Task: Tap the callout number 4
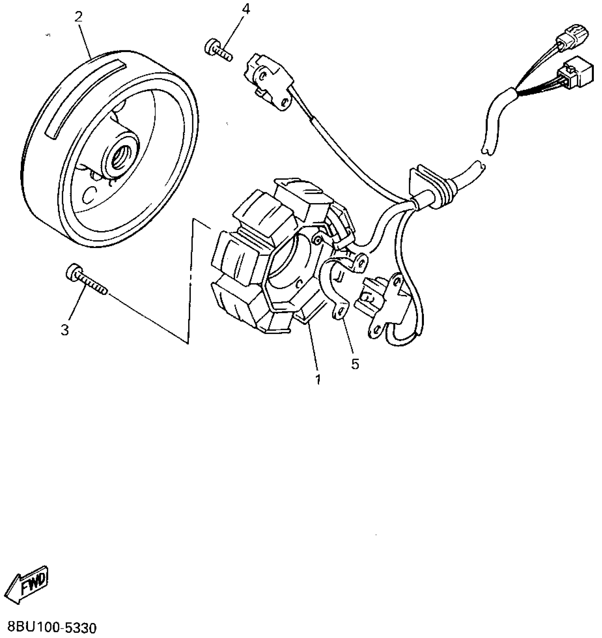pos(246,10)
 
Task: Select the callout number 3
pos(65,330)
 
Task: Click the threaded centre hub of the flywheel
pos(120,157)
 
